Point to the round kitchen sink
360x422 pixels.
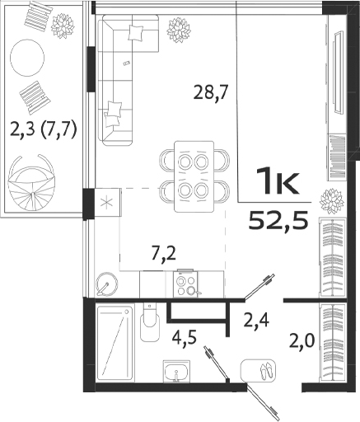105,284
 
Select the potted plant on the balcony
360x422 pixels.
63,26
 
